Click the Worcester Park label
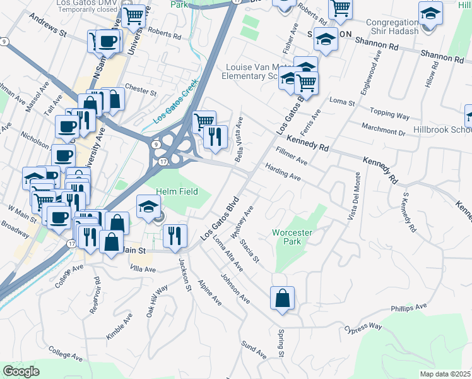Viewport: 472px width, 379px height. (x=292, y=237)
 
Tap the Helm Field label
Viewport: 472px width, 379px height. (x=177, y=191)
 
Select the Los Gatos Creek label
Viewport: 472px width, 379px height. (x=175, y=101)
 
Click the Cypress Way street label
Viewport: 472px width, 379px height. (x=363, y=328)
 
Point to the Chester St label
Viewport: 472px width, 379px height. (x=141, y=90)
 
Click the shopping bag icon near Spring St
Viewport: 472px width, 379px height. (x=282, y=298)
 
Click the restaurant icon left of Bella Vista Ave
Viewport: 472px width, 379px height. (x=215, y=136)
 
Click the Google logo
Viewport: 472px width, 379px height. (x=21, y=371)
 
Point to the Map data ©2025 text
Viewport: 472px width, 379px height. (x=445, y=374)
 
